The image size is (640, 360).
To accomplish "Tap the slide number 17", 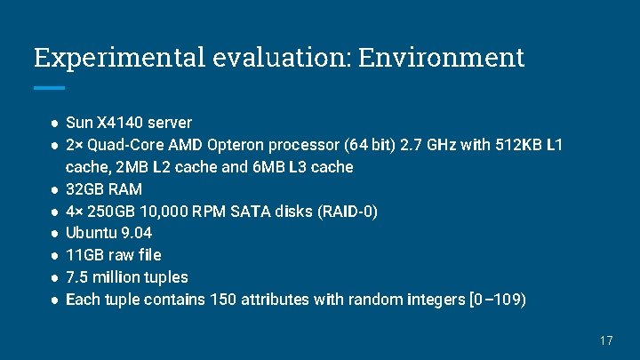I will (607, 340).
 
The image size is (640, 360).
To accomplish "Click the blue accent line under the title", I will (49, 88).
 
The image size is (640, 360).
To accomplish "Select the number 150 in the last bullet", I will (223, 300).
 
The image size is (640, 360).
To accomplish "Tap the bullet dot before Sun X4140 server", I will (54, 122).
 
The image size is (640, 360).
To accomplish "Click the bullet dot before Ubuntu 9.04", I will (54, 233).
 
